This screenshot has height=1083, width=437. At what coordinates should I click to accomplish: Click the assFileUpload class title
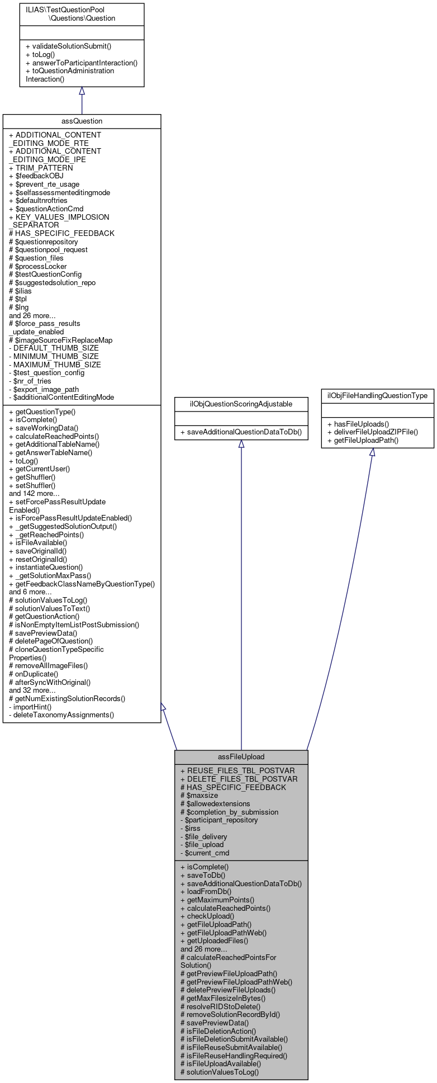pyautogui.click(x=241, y=756)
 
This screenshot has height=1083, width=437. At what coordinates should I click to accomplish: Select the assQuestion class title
pyautogui.click(x=82, y=121)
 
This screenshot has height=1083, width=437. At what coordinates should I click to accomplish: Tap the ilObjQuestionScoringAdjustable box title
pyautogui.click(x=241, y=404)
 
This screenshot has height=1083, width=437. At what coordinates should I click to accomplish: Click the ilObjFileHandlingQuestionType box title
pyautogui.click(x=377, y=395)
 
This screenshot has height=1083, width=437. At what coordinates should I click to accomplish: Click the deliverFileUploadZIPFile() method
pyautogui.click(x=372, y=432)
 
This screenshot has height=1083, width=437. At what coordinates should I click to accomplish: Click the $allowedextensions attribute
pyautogui.click(x=215, y=803)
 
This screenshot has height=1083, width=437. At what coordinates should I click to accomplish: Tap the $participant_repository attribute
pyautogui.click(x=219, y=820)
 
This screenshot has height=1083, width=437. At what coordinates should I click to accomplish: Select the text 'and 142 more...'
pyautogui.click(x=34, y=493)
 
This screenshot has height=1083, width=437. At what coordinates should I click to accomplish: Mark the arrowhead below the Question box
pyautogui.click(x=82, y=91)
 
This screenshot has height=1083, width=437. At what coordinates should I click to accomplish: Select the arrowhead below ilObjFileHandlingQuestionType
pyautogui.click(x=372, y=452)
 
